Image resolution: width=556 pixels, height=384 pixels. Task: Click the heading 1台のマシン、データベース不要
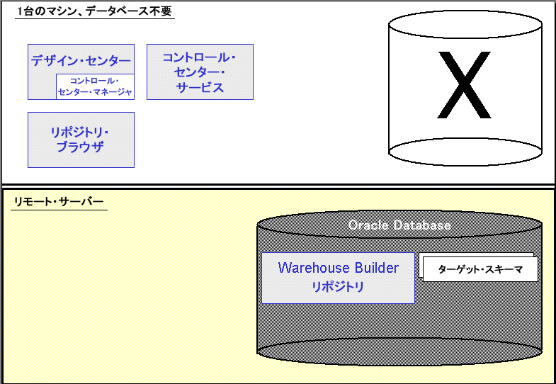point(94,11)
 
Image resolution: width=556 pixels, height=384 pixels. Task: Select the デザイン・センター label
point(81,61)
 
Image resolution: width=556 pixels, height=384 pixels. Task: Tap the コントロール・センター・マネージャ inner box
point(95,86)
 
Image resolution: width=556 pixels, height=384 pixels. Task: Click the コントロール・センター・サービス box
point(200,72)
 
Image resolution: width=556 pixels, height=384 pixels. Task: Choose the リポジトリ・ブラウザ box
point(81,140)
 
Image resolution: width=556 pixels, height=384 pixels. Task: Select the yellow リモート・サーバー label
point(59,203)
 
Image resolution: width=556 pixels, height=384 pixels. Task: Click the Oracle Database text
point(399,225)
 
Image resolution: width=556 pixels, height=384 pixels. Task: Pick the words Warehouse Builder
point(338,268)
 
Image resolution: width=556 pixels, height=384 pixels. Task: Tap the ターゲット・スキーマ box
point(480,269)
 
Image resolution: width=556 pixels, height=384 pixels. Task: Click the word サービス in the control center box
point(200,88)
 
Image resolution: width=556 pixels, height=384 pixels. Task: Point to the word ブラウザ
point(80,147)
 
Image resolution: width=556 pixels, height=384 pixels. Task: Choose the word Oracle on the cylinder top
point(365,225)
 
